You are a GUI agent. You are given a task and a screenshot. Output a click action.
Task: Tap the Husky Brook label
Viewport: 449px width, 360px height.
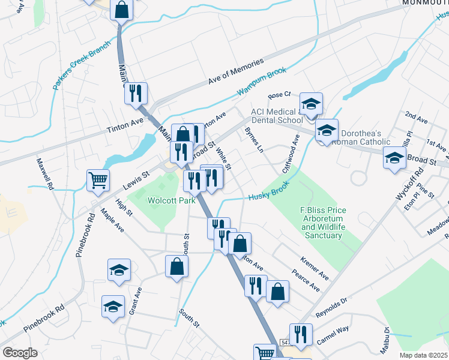[x=268, y=190]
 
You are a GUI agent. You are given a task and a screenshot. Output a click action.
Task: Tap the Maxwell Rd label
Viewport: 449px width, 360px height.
[x=44, y=174]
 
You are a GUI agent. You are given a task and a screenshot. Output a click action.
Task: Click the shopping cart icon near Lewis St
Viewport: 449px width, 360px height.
[x=98, y=179]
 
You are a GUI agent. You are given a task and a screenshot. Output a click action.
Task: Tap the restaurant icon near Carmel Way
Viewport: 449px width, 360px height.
[x=301, y=334]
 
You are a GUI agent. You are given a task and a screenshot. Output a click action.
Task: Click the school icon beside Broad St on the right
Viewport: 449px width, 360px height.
[x=394, y=158]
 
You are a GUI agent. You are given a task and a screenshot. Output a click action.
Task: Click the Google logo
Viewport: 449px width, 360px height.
[x=20, y=353]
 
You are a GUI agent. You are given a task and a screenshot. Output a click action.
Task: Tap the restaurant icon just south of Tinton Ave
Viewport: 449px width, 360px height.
[x=136, y=93]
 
